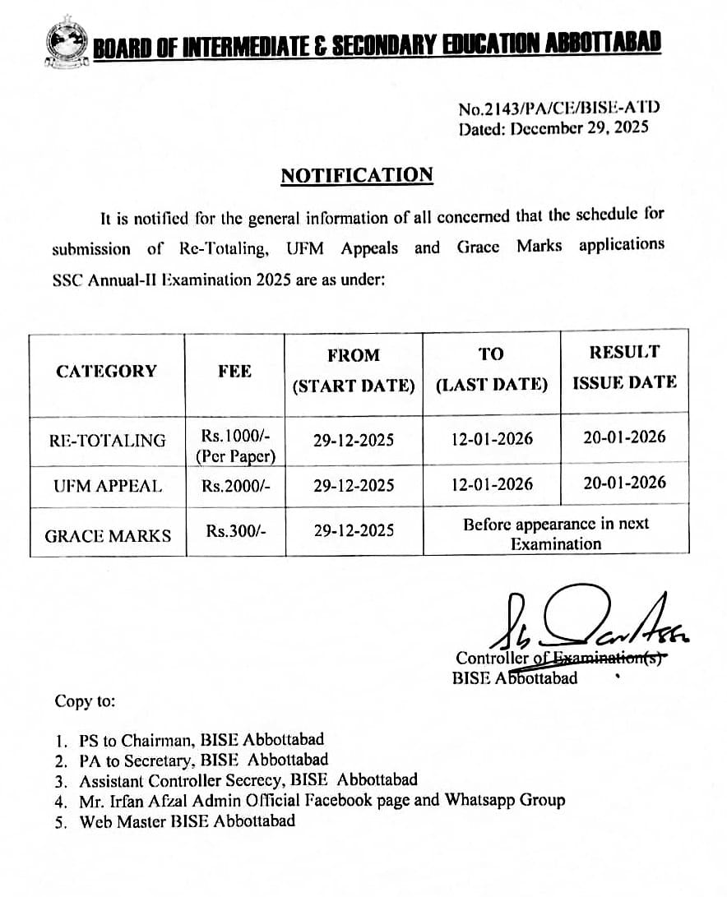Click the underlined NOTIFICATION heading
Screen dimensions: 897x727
356,175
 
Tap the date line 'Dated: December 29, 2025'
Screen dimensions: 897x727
553,127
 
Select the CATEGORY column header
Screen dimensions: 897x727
106,371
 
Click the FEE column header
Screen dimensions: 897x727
234,371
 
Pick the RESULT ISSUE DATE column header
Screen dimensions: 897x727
624,367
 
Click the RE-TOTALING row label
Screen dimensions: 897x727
107,441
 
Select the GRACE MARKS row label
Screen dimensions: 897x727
108,536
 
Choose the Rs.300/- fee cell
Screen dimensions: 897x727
235,531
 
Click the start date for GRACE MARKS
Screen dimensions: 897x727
354,531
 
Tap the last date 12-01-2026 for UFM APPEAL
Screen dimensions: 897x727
492,485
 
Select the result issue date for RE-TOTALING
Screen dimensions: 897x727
624,437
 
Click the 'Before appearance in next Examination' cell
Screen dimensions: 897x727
556,534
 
